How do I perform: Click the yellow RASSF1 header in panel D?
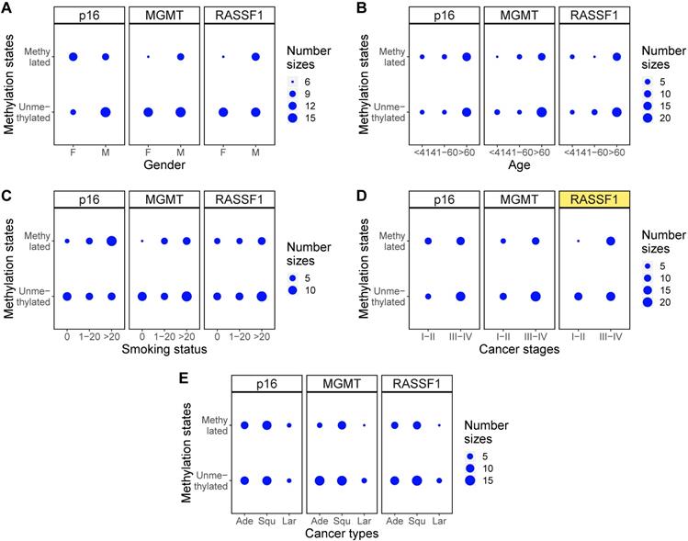click(593, 199)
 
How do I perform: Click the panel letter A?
click(7, 7)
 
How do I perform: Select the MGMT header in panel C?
click(164, 199)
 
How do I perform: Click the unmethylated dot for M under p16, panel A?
click(106, 112)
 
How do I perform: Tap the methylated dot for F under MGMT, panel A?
click(148, 57)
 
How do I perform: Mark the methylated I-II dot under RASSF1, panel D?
click(578, 241)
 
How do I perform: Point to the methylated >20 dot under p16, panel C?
click(111, 241)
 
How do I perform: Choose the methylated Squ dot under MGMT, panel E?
click(342, 425)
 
